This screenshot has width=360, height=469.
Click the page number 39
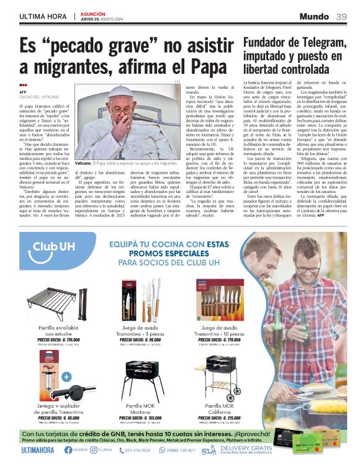coord(341,16)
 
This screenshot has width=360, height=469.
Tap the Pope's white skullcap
coord(122,91)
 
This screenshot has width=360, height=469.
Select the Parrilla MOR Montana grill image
coord(138,379)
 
